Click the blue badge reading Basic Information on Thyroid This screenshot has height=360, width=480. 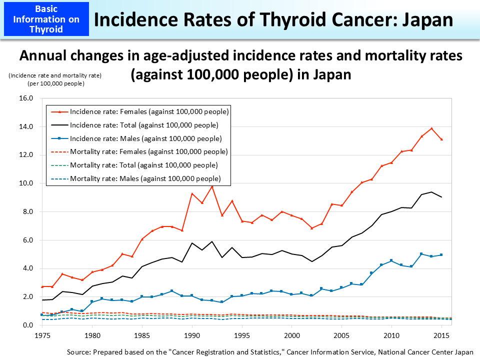tap(45, 19)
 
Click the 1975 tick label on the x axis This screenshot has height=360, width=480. tap(42, 335)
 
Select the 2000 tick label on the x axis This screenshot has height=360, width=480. tap(291, 335)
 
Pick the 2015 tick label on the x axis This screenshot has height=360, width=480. tap(441, 335)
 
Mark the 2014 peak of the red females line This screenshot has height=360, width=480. tap(431, 128)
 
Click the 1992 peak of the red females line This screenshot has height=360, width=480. tap(212, 186)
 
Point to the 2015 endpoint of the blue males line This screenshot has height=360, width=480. tap(441, 255)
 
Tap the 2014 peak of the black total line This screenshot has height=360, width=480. tap(431, 192)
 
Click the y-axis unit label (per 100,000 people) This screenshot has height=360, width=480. tap(55, 83)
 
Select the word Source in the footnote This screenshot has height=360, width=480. tap(78, 352)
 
